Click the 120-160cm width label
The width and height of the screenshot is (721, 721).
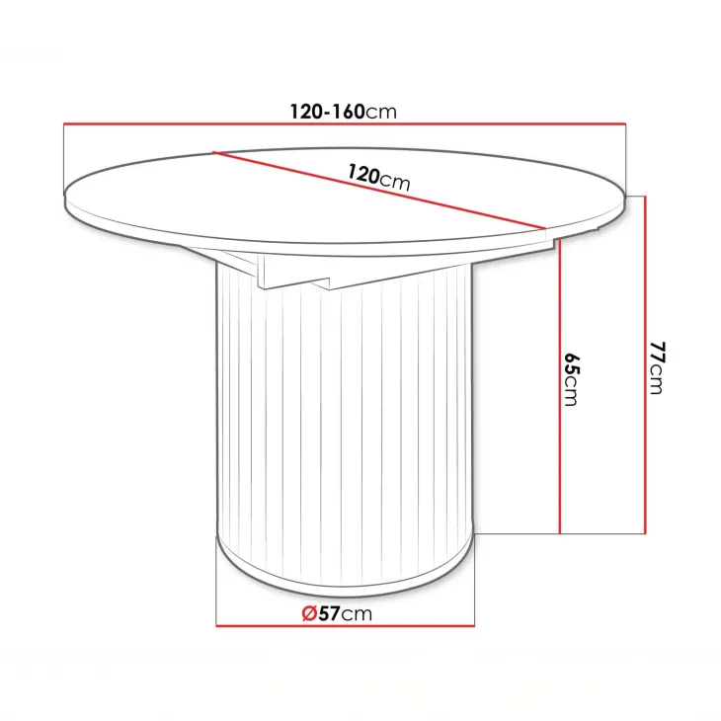(x=343, y=112)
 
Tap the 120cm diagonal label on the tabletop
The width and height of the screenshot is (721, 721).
(x=378, y=178)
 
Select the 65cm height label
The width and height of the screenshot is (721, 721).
(x=571, y=380)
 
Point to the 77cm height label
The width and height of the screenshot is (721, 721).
(x=656, y=367)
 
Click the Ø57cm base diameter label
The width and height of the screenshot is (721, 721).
(x=337, y=613)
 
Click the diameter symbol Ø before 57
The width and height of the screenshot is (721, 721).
(x=309, y=613)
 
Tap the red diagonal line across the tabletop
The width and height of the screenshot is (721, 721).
(x=379, y=190)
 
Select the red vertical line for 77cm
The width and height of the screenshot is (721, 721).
(x=645, y=365)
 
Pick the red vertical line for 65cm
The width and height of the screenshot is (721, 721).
(x=560, y=386)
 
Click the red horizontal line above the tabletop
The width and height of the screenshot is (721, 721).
(x=345, y=123)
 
